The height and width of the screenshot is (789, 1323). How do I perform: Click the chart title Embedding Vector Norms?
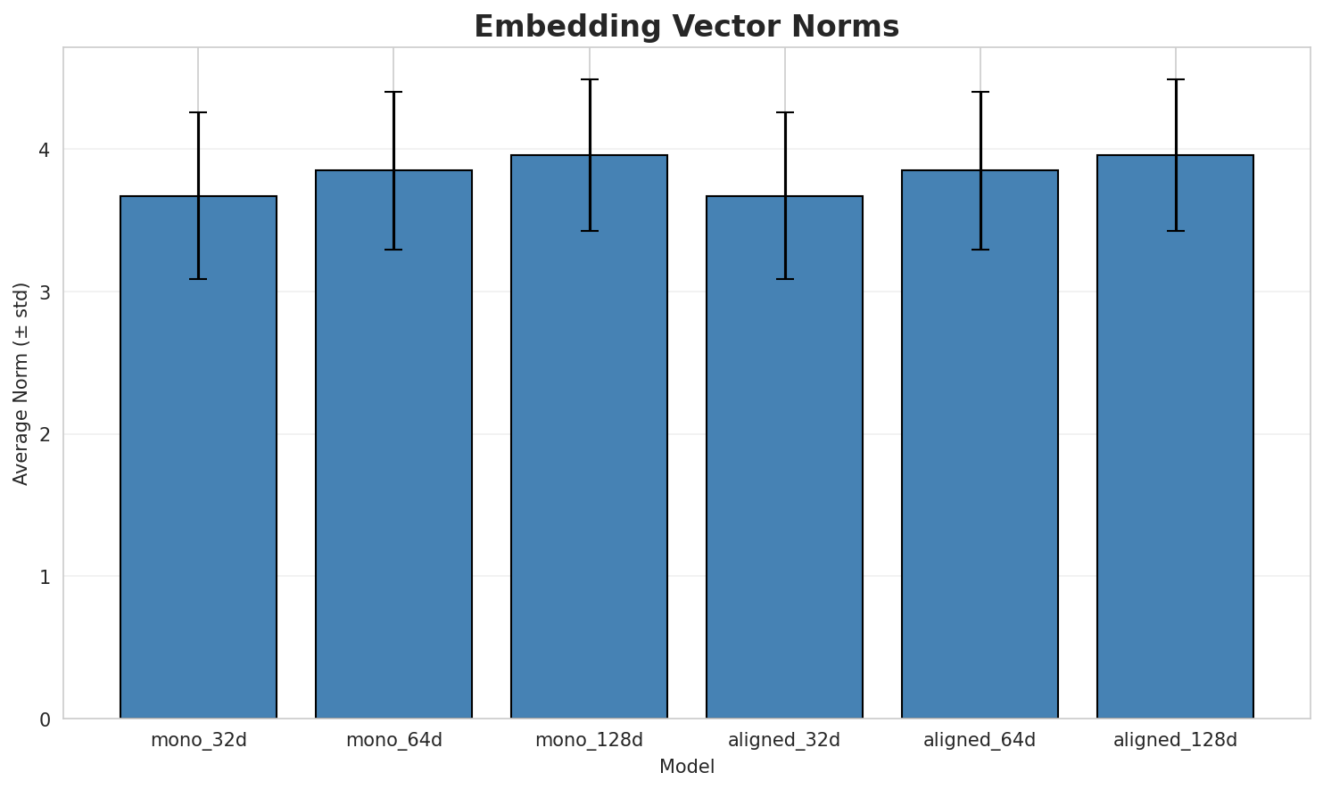(x=686, y=27)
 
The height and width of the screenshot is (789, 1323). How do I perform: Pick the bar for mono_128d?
(x=589, y=437)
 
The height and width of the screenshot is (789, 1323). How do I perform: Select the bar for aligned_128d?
(x=1175, y=437)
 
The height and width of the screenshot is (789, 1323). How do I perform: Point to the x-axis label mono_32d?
(x=198, y=740)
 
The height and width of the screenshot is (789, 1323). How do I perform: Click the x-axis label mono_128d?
(x=589, y=740)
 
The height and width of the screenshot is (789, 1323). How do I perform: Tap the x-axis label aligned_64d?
(x=980, y=740)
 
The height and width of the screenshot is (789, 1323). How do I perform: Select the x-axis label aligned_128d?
(x=1175, y=740)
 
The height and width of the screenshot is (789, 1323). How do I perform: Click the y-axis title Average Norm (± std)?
(x=21, y=383)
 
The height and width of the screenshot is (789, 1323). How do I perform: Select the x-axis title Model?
(x=686, y=767)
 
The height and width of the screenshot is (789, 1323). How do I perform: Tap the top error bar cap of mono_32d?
(x=198, y=112)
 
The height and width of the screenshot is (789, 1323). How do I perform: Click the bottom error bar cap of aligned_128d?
(x=1175, y=231)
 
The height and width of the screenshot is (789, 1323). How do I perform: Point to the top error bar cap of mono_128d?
(x=589, y=79)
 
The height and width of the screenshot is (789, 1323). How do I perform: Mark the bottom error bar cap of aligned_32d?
(x=784, y=279)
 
